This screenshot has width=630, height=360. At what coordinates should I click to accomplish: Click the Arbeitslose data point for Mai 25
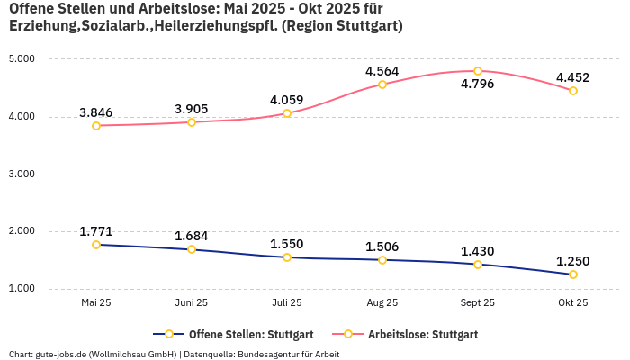coord(96,126)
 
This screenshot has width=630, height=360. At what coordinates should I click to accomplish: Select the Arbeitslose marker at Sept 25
coord(478,71)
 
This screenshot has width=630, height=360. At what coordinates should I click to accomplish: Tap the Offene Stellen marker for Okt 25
coord(573,274)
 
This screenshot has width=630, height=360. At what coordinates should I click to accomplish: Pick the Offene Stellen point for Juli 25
coord(287,257)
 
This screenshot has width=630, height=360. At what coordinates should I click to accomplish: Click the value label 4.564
coord(382,71)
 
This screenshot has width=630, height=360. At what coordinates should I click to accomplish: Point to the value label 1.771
coord(96,231)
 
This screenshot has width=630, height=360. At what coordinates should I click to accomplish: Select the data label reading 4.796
coord(477,85)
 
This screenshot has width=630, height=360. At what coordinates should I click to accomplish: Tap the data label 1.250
coord(572,261)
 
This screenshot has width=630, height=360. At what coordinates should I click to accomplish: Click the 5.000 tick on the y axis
coord(21,59)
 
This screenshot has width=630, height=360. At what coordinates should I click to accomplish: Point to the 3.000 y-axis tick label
coord(21,175)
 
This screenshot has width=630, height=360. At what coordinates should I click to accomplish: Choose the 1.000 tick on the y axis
coord(21,289)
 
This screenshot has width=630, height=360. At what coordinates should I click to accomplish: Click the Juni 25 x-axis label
coord(192,303)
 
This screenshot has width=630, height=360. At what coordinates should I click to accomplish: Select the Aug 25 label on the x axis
coord(382,303)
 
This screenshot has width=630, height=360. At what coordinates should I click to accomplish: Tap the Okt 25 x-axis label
coord(573,303)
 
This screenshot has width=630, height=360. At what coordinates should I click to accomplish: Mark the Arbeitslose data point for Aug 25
coord(382,85)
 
